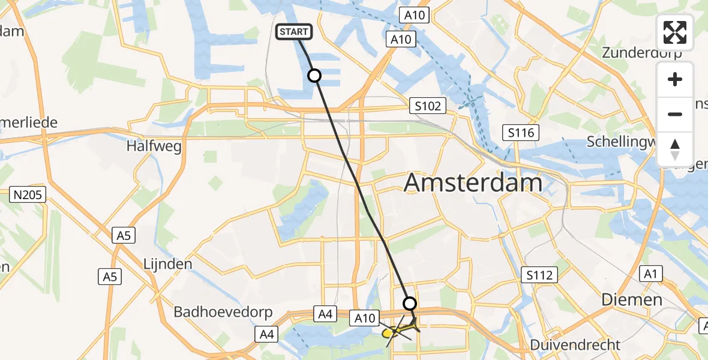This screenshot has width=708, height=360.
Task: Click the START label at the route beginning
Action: click(x=293, y=32)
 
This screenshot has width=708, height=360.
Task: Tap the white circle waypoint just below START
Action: click(x=314, y=76)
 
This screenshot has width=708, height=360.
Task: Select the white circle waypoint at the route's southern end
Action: click(x=410, y=304)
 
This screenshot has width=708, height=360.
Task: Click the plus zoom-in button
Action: click(x=675, y=79)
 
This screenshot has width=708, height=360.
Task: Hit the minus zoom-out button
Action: click(x=675, y=114)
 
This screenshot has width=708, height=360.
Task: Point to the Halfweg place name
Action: click(x=154, y=146)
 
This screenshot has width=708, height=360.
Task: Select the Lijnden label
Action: click(x=167, y=264)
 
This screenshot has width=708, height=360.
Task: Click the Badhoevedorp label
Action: click(x=223, y=312)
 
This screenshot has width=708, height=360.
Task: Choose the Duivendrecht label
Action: click(x=575, y=345)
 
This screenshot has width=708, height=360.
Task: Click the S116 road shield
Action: click(x=520, y=133)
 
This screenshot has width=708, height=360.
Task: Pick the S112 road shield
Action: click(x=539, y=275)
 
